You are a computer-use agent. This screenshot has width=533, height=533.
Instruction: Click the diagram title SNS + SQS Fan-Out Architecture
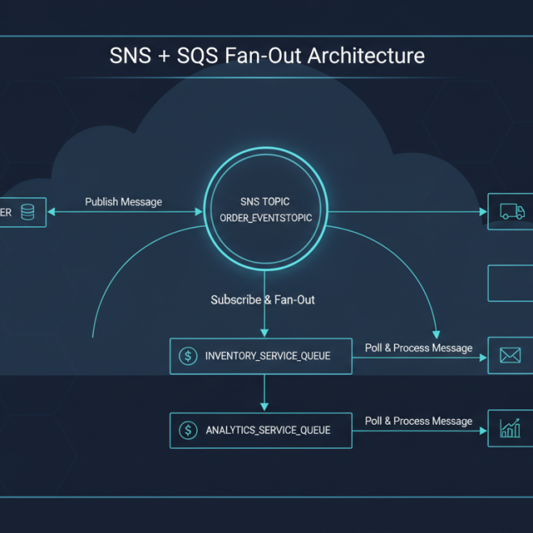[266, 57]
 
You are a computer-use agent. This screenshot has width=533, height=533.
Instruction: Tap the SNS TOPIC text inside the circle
[265, 201]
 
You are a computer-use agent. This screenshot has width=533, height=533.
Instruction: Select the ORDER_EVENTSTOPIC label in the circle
[266, 219]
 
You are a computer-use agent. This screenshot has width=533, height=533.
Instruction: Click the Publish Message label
[124, 202]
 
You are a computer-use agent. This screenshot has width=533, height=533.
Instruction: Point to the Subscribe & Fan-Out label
[262, 300]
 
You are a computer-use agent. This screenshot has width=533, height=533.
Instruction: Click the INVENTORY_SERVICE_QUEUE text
[267, 356]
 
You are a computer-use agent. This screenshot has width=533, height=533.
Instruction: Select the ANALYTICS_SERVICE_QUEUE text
[267, 430]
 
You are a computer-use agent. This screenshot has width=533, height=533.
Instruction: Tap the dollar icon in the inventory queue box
[188, 356]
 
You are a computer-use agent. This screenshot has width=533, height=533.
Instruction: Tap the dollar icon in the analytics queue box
[188, 430]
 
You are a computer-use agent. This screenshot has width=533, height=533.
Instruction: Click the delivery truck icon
[512, 212]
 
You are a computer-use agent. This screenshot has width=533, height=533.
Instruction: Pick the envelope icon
[510, 355]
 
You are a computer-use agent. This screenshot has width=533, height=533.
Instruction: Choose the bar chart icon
[510, 428]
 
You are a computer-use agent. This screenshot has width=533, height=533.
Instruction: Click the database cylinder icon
[28, 212]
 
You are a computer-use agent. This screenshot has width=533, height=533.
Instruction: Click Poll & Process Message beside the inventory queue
[418, 348]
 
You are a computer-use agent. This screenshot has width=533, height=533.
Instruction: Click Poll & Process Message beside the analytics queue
[418, 421]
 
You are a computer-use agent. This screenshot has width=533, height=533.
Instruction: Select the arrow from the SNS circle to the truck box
[404, 212]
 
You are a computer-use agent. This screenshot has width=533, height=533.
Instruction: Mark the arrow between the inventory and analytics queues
[263, 393]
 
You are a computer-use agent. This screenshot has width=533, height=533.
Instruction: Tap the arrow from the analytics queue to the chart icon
[420, 430]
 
